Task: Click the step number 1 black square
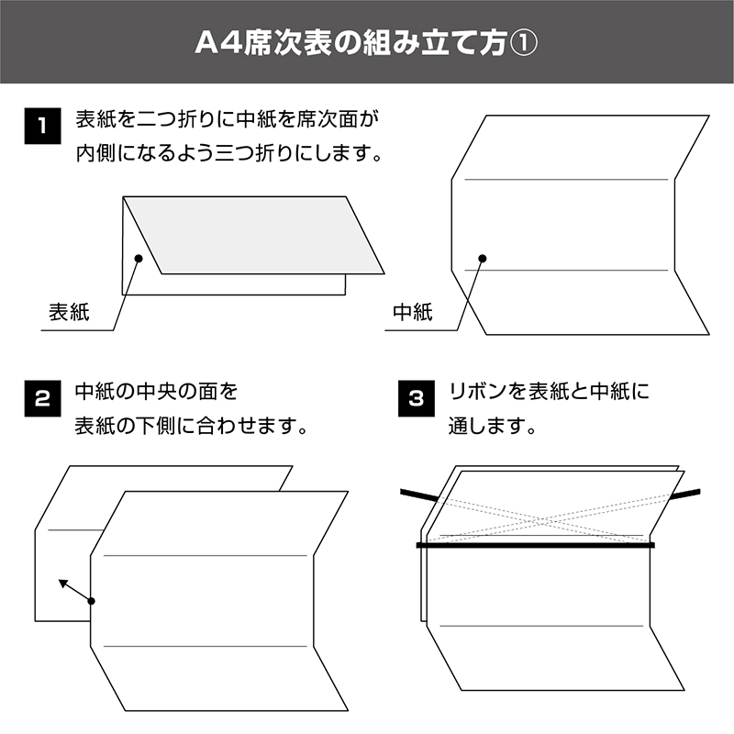(x=42, y=126)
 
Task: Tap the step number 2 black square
(x=42, y=398)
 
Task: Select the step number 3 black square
(x=417, y=398)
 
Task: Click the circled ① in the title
(x=523, y=43)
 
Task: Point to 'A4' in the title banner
(x=218, y=43)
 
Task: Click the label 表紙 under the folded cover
(x=69, y=312)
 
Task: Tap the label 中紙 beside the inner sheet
(x=413, y=312)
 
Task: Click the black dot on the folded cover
(x=139, y=258)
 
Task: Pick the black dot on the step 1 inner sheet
(x=483, y=258)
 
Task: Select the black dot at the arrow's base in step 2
(x=91, y=601)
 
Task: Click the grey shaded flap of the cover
(x=254, y=235)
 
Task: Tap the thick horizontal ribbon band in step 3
(x=536, y=545)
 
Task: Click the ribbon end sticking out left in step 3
(x=419, y=495)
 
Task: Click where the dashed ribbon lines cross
(x=542, y=520)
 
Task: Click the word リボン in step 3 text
(x=479, y=392)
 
